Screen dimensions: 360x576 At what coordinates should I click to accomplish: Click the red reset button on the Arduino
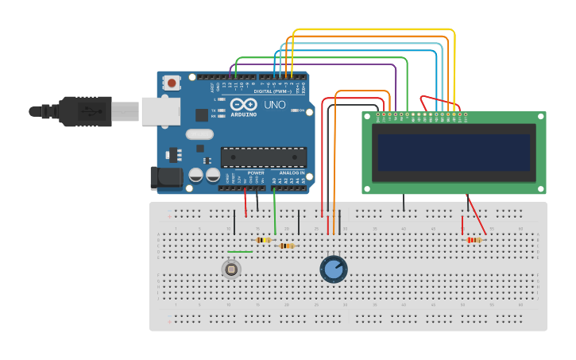[172, 82]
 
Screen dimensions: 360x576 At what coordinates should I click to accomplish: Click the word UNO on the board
[274, 105]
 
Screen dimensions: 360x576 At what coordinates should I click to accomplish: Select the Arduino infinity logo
[242, 104]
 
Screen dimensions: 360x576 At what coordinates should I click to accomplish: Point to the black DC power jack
[165, 177]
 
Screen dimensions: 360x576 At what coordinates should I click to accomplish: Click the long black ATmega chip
[263, 157]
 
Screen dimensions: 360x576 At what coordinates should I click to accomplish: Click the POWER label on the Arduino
[256, 172]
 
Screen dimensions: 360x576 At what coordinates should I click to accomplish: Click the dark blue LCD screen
[454, 153]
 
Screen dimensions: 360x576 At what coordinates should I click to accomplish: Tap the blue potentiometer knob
[334, 269]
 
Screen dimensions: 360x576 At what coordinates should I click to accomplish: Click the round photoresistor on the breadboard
[231, 269]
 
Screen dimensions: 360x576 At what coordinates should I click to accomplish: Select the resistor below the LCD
[474, 240]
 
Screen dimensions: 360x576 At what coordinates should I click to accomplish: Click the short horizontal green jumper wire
[240, 252]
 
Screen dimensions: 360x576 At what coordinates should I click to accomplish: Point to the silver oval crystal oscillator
[200, 134]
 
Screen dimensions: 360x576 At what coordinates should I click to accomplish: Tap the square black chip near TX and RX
[202, 114]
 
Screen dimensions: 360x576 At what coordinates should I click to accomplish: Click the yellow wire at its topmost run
[373, 29]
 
